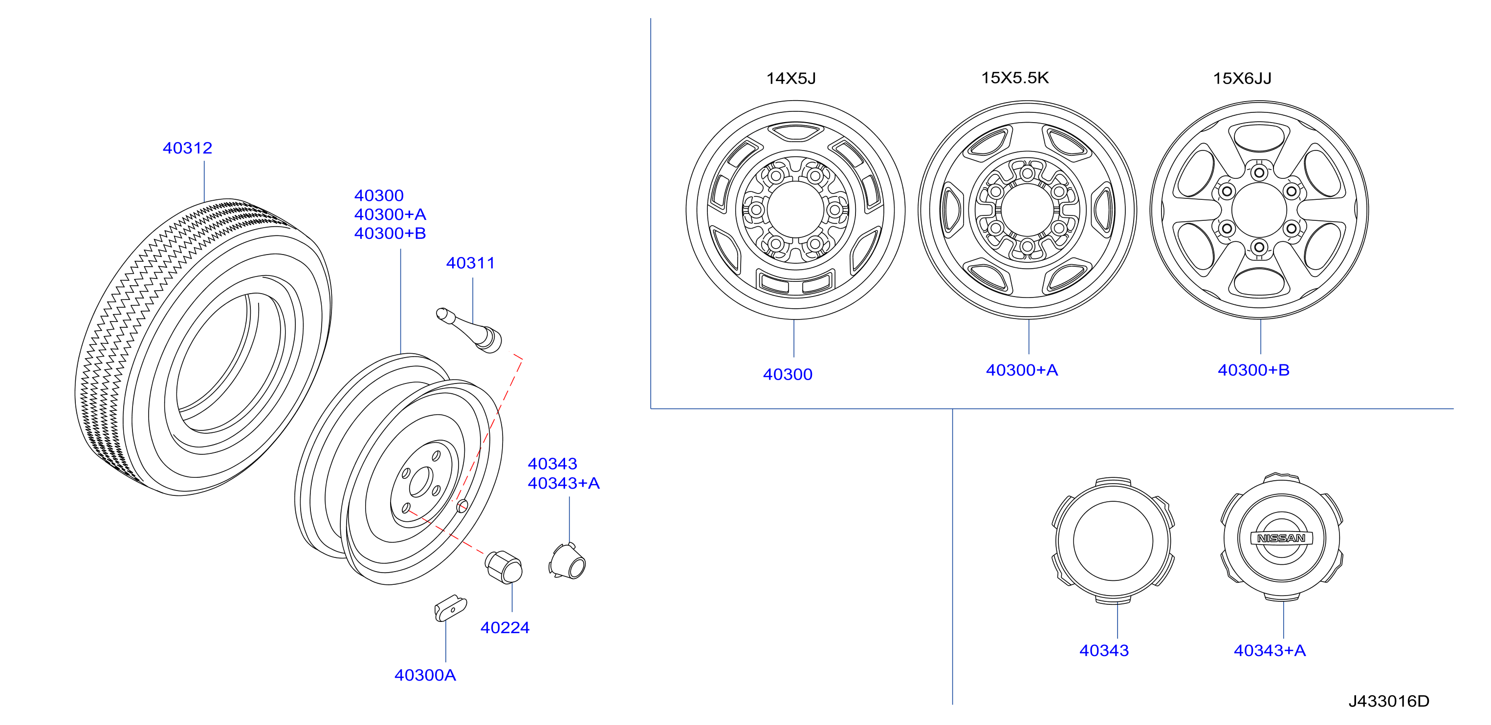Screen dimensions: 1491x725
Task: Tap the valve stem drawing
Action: [x=469, y=330]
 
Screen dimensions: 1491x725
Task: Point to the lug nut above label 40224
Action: [x=504, y=566]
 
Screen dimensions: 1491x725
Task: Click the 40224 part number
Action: [x=504, y=627]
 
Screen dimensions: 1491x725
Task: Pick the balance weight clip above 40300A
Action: [x=450, y=608]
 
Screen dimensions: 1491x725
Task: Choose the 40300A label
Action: [x=425, y=675]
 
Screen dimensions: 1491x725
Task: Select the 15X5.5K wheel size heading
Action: [x=1015, y=78]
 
